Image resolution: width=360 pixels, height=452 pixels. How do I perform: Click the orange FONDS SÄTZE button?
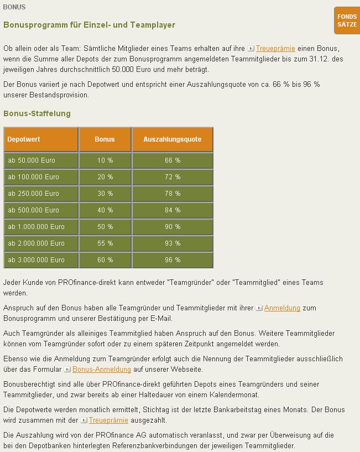(x=347, y=20)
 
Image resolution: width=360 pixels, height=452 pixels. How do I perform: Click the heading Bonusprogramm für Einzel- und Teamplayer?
(x=89, y=25)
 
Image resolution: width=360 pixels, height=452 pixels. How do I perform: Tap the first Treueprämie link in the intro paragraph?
(x=275, y=49)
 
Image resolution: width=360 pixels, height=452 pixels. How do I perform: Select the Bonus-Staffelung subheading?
(x=37, y=113)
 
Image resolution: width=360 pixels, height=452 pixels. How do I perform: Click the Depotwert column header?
(x=41, y=139)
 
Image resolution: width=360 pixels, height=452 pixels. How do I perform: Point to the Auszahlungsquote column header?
(x=172, y=139)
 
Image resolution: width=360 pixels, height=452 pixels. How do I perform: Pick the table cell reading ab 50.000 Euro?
(x=41, y=160)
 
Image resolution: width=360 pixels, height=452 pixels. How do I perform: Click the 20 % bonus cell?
(x=105, y=177)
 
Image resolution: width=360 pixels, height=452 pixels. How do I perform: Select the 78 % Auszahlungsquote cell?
(x=172, y=194)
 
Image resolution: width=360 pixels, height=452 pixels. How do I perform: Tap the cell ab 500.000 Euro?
(x=41, y=210)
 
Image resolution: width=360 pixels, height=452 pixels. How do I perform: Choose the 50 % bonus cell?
(x=105, y=227)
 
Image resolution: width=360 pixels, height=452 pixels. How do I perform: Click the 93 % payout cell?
(x=172, y=243)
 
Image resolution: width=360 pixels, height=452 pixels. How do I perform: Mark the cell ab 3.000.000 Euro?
(x=41, y=260)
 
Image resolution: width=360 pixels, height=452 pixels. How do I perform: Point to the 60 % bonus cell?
(x=105, y=260)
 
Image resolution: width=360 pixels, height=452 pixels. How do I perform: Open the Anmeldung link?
(x=282, y=308)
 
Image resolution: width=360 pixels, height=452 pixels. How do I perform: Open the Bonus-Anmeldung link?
(x=102, y=370)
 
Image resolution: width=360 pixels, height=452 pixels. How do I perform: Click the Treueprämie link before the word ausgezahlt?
(x=108, y=420)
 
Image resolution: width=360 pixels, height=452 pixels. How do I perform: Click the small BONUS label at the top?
(x=14, y=7)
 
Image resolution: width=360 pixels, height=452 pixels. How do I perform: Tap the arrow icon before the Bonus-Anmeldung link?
(x=67, y=370)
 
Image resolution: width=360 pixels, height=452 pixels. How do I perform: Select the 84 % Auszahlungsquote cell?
(x=172, y=210)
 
